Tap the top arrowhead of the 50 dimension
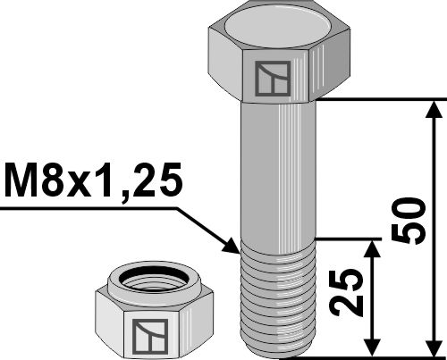(x=434, y=109)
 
